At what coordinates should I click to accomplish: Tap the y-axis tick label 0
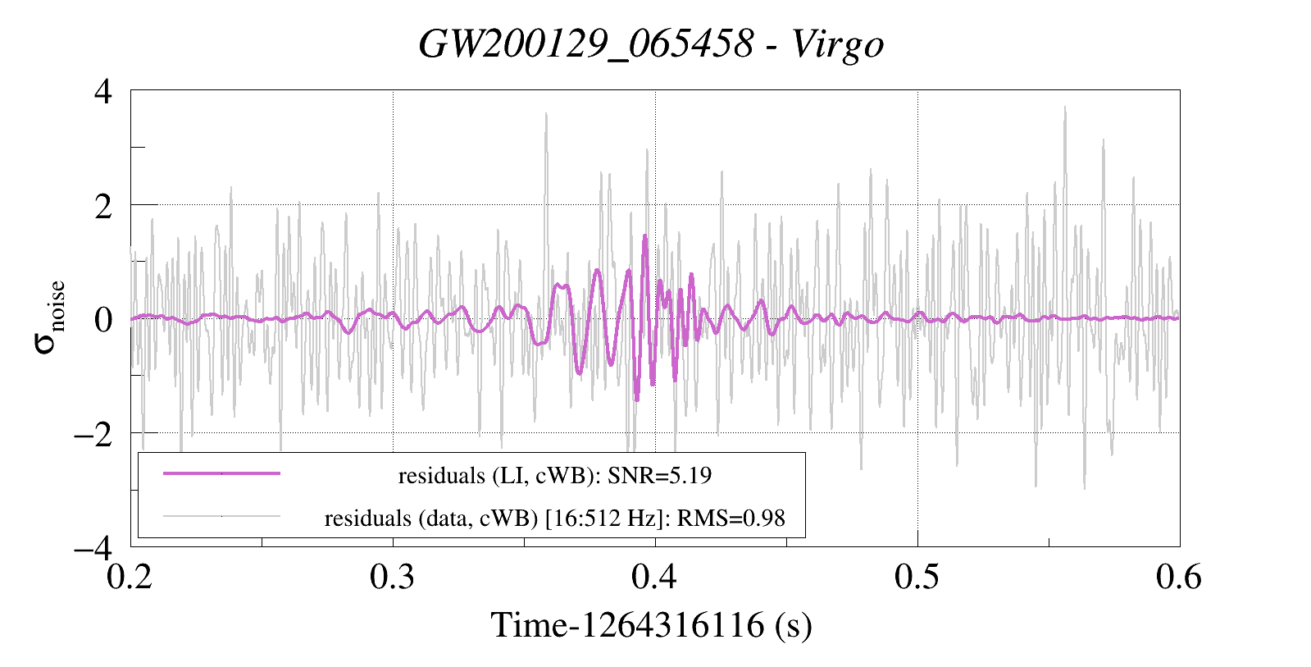coord(102,319)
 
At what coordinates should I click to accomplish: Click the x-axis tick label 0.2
coord(130,578)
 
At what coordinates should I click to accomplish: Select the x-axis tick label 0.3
coord(393,578)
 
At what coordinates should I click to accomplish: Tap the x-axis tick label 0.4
coord(654,578)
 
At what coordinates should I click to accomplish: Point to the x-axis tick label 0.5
coord(917,578)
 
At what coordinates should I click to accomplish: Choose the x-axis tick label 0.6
coord(1179,578)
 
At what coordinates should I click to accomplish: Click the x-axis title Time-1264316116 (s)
coord(652,625)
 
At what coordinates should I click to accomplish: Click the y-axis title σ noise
coord(49,318)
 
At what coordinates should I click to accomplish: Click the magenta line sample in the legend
coord(221,473)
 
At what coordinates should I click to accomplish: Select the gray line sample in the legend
coord(221,516)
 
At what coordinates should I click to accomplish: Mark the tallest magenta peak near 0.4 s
coord(644,236)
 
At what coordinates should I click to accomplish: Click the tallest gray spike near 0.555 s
coord(1065,107)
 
